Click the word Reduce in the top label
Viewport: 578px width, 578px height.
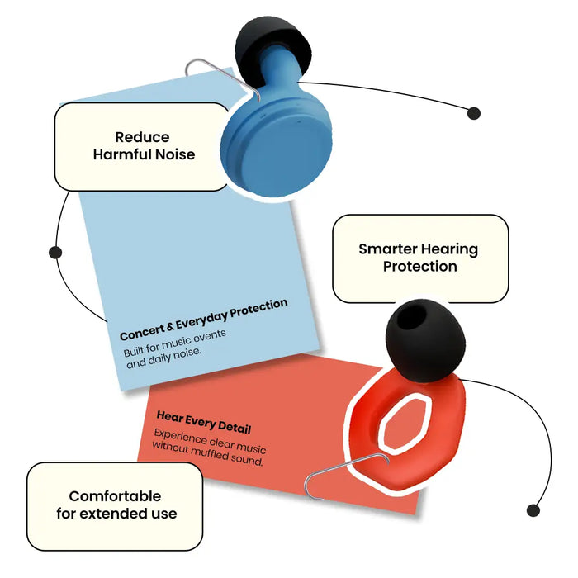click(x=142, y=137)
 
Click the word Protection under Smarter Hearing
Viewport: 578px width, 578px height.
click(x=419, y=267)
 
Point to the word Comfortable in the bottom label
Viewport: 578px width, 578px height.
click(x=115, y=496)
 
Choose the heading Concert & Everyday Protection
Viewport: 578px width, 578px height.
click(x=203, y=320)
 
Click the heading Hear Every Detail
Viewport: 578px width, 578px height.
click(x=204, y=422)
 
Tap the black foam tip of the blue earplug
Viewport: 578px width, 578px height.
click(x=273, y=46)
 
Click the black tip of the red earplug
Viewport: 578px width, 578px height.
click(x=426, y=341)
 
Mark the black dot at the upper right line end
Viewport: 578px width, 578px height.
click(x=474, y=113)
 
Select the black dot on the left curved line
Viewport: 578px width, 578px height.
click(x=55, y=253)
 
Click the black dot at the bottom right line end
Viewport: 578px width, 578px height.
click(x=533, y=510)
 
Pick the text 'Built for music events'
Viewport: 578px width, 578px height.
click(x=175, y=343)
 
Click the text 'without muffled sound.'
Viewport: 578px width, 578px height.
click(x=207, y=454)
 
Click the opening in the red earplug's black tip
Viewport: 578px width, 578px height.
click(x=412, y=317)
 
